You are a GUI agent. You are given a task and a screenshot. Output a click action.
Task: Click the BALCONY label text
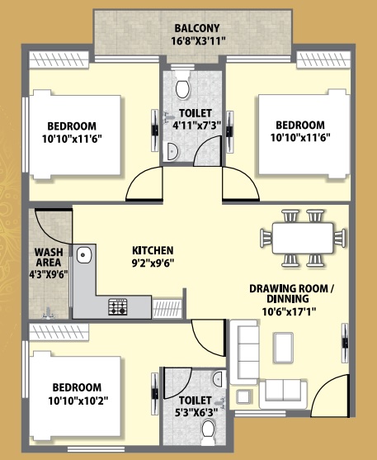click(x=197, y=28)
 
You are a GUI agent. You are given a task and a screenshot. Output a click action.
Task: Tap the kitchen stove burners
click(x=118, y=307)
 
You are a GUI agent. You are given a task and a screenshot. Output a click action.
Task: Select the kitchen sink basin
click(x=84, y=254)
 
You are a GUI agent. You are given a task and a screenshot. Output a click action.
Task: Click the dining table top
click(x=303, y=238)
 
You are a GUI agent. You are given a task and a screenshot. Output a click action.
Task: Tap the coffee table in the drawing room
click(x=283, y=348)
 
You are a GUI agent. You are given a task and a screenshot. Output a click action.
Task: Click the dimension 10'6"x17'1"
click(x=289, y=311)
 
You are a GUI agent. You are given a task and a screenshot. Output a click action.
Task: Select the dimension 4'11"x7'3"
click(x=196, y=126)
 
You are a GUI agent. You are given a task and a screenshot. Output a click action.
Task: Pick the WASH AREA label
click(x=49, y=257)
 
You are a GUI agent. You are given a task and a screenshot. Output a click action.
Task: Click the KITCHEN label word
click(x=153, y=250)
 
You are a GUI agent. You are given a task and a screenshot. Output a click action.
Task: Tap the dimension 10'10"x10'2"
click(x=78, y=401)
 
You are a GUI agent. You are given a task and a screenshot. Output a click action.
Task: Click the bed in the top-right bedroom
click(x=304, y=134)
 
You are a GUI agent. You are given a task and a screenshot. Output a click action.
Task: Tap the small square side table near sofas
click(x=243, y=397)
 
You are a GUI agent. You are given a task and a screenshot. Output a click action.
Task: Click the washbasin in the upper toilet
click(x=170, y=151)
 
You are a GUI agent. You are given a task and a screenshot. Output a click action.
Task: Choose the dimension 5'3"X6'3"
click(x=196, y=412)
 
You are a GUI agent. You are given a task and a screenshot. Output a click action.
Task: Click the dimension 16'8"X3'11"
click(x=199, y=40)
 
